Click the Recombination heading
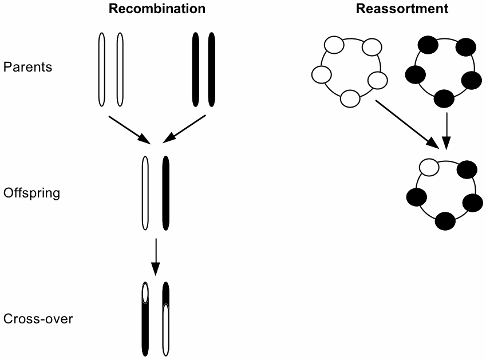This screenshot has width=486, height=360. (157, 9)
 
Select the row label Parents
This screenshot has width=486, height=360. (27, 67)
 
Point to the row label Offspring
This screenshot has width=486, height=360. (32, 193)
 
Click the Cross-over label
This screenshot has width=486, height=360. (38, 319)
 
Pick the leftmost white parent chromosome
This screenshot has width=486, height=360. (102, 69)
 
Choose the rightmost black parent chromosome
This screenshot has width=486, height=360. (212, 69)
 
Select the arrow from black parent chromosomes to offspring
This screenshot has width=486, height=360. (184, 129)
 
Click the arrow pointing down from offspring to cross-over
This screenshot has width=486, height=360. (155, 255)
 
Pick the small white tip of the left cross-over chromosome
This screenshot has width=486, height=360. (145, 294)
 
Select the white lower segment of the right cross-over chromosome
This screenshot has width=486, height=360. (166, 329)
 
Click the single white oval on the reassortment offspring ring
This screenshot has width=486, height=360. (429, 167)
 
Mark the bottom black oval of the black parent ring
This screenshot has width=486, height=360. (444, 98)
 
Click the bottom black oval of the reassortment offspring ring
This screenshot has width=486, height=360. (445, 220)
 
